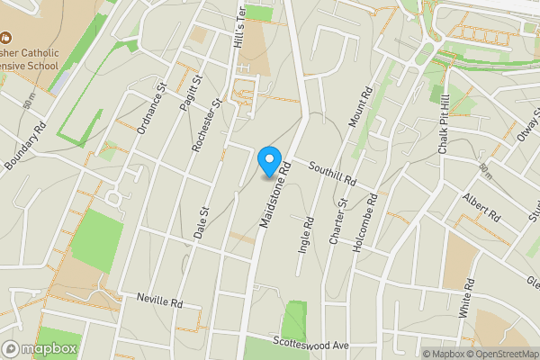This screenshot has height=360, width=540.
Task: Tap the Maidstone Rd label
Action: (276, 194)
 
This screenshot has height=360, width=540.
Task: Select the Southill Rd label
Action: (332, 174)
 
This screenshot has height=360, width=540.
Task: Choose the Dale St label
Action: (201, 222)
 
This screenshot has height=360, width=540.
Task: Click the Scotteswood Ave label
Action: (310, 345)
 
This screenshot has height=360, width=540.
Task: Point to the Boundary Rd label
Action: (24, 147)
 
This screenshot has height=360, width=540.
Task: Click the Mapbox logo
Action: (40, 348)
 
